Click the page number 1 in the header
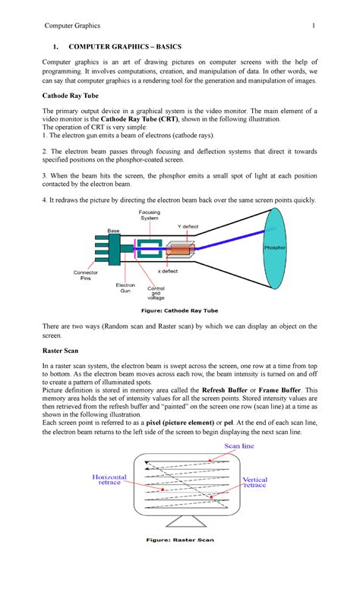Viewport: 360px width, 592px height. click(x=312, y=27)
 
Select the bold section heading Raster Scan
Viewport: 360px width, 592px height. click(x=66, y=353)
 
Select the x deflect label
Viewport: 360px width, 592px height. click(x=169, y=271)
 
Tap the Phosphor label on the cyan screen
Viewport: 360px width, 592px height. click(x=274, y=248)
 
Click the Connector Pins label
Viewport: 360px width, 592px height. click(x=85, y=276)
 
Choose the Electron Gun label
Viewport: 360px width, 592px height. click(x=125, y=288)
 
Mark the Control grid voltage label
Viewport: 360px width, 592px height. click(x=156, y=294)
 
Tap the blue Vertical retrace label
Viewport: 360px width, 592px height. click(x=254, y=483)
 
